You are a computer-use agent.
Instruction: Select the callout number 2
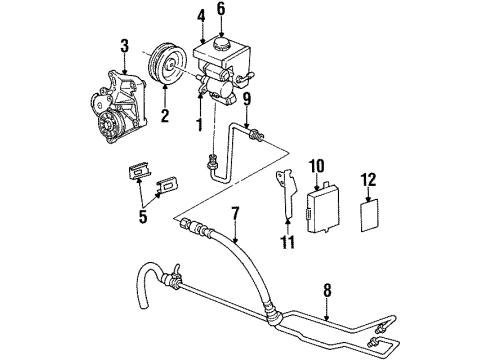[165, 116]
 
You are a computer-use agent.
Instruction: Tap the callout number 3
[124, 45]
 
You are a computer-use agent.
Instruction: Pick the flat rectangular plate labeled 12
[370, 212]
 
